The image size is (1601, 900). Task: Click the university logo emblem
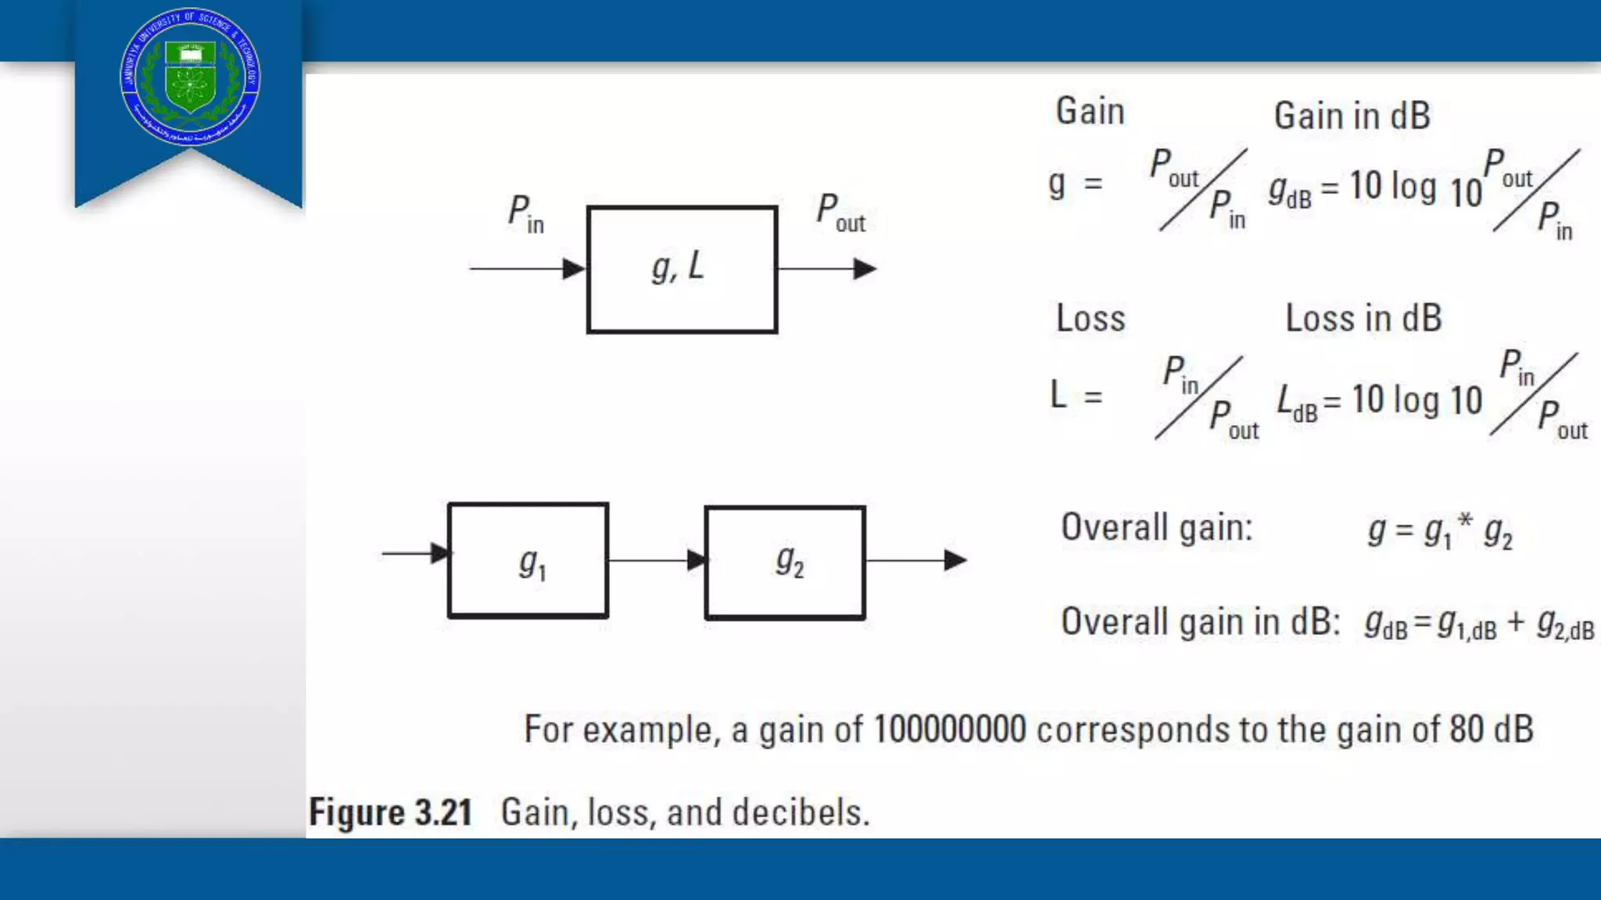tap(190, 77)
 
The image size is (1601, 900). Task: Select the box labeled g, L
tap(682, 270)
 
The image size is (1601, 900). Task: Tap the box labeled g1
tap(528, 561)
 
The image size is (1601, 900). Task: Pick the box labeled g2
tap(785, 562)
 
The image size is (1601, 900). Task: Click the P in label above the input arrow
tap(525, 214)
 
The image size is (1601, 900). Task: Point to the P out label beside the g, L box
tap(840, 212)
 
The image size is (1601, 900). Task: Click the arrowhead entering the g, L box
tap(575, 269)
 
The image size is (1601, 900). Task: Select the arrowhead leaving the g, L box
tap(865, 269)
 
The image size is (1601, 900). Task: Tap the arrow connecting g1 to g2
tap(657, 560)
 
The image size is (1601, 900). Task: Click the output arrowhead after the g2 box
tap(955, 560)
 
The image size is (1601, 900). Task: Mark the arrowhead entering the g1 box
tap(440, 553)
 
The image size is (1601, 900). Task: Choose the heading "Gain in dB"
tap(1352, 116)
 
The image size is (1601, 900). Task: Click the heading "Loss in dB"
tap(1363, 319)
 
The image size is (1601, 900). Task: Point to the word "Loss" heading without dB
tap(1091, 319)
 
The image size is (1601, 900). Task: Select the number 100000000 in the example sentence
tap(949, 730)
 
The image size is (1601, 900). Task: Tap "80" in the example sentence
tap(1467, 730)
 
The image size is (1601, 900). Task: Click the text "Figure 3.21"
tap(391, 812)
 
